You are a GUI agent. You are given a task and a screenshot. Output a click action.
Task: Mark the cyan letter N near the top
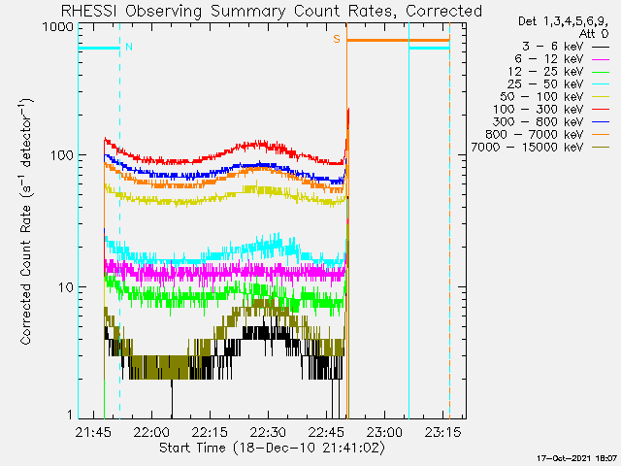click(129, 47)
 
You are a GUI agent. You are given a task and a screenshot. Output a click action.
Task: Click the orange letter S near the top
click(337, 39)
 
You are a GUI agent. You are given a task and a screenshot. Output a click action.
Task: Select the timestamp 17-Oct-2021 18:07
click(577, 457)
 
